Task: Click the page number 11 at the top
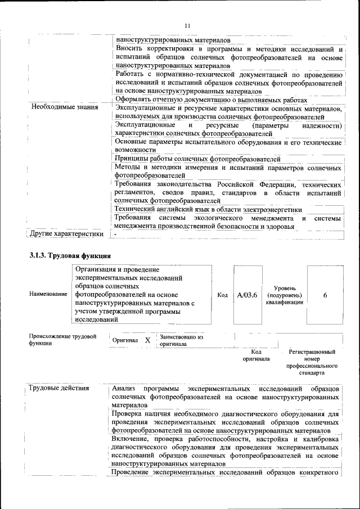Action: [187, 25]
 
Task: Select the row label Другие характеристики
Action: [66, 233]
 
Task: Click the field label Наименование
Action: [48, 295]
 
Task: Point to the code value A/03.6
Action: [247, 294]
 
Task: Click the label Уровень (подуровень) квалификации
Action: [285, 295]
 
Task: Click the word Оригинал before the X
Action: [125, 341]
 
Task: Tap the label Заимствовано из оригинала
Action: [181, 341]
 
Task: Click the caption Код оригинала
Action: [256, 355]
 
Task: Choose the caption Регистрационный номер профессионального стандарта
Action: [312, 362]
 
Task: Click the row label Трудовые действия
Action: [59, 389]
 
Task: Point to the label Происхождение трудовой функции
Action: [62, 340]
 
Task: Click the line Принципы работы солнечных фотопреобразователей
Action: [197, 159]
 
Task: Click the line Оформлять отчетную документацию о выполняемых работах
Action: [211, 100]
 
